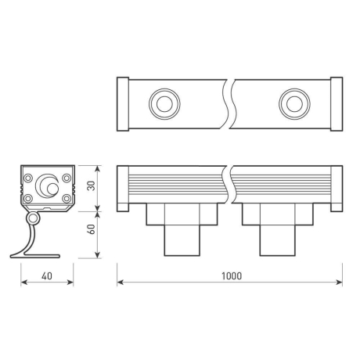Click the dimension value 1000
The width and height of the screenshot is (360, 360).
231,275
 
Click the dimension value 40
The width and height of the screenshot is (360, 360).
46,275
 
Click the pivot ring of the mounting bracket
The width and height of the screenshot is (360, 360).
34,218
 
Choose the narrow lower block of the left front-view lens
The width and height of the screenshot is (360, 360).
182,238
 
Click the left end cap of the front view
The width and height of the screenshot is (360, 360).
122,188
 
